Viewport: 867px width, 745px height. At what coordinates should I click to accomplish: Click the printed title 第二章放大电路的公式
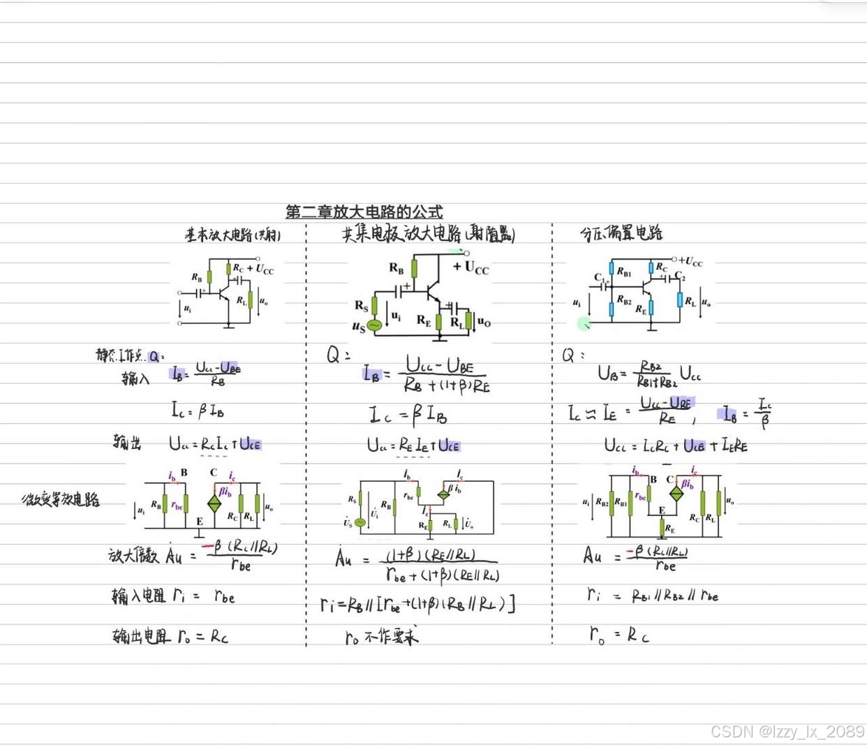pos(364,212)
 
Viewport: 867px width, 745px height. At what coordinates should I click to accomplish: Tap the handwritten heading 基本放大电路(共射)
pos(232,235)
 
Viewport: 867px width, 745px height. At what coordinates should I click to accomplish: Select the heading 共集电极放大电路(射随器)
pos(428,234)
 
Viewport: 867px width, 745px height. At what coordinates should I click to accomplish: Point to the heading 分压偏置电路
pos(621,233)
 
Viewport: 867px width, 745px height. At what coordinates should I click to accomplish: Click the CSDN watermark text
pos(787,731)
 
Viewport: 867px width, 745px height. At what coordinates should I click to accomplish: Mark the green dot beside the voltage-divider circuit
pos(584,323)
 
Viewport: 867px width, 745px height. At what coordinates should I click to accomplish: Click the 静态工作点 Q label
pos(129,355)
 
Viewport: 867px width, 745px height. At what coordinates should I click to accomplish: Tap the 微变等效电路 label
pos(61,499)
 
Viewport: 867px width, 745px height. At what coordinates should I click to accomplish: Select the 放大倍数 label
pos(133,556)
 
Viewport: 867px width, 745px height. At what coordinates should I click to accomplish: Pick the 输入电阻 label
pos(139,596)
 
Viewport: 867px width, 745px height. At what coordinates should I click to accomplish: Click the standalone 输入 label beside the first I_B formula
pos(135,378)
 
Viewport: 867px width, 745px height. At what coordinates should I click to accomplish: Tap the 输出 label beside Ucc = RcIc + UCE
pos(127,441)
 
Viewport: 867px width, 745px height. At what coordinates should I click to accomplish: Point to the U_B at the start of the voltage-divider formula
pos(607,373)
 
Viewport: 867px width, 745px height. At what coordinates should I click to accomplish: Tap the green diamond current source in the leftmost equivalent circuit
pos(214,503)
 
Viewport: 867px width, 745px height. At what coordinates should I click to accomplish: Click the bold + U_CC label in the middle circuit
pos(471,267)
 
